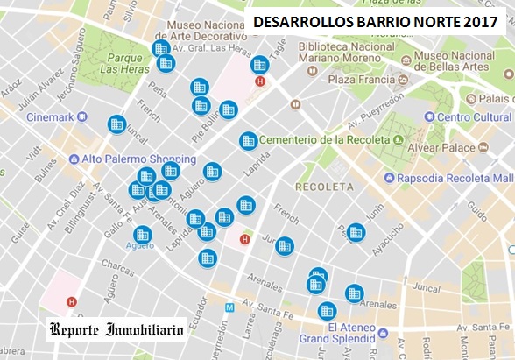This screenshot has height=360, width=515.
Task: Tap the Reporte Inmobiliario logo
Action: (x=116, y=330)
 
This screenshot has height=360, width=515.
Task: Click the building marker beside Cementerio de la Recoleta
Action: (x=249, y=140)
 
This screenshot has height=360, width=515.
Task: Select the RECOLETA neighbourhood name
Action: (x=324, y=187)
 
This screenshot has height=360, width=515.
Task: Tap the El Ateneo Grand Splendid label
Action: (x=339, y=334)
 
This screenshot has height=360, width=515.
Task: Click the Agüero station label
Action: (x=139, y=245)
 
